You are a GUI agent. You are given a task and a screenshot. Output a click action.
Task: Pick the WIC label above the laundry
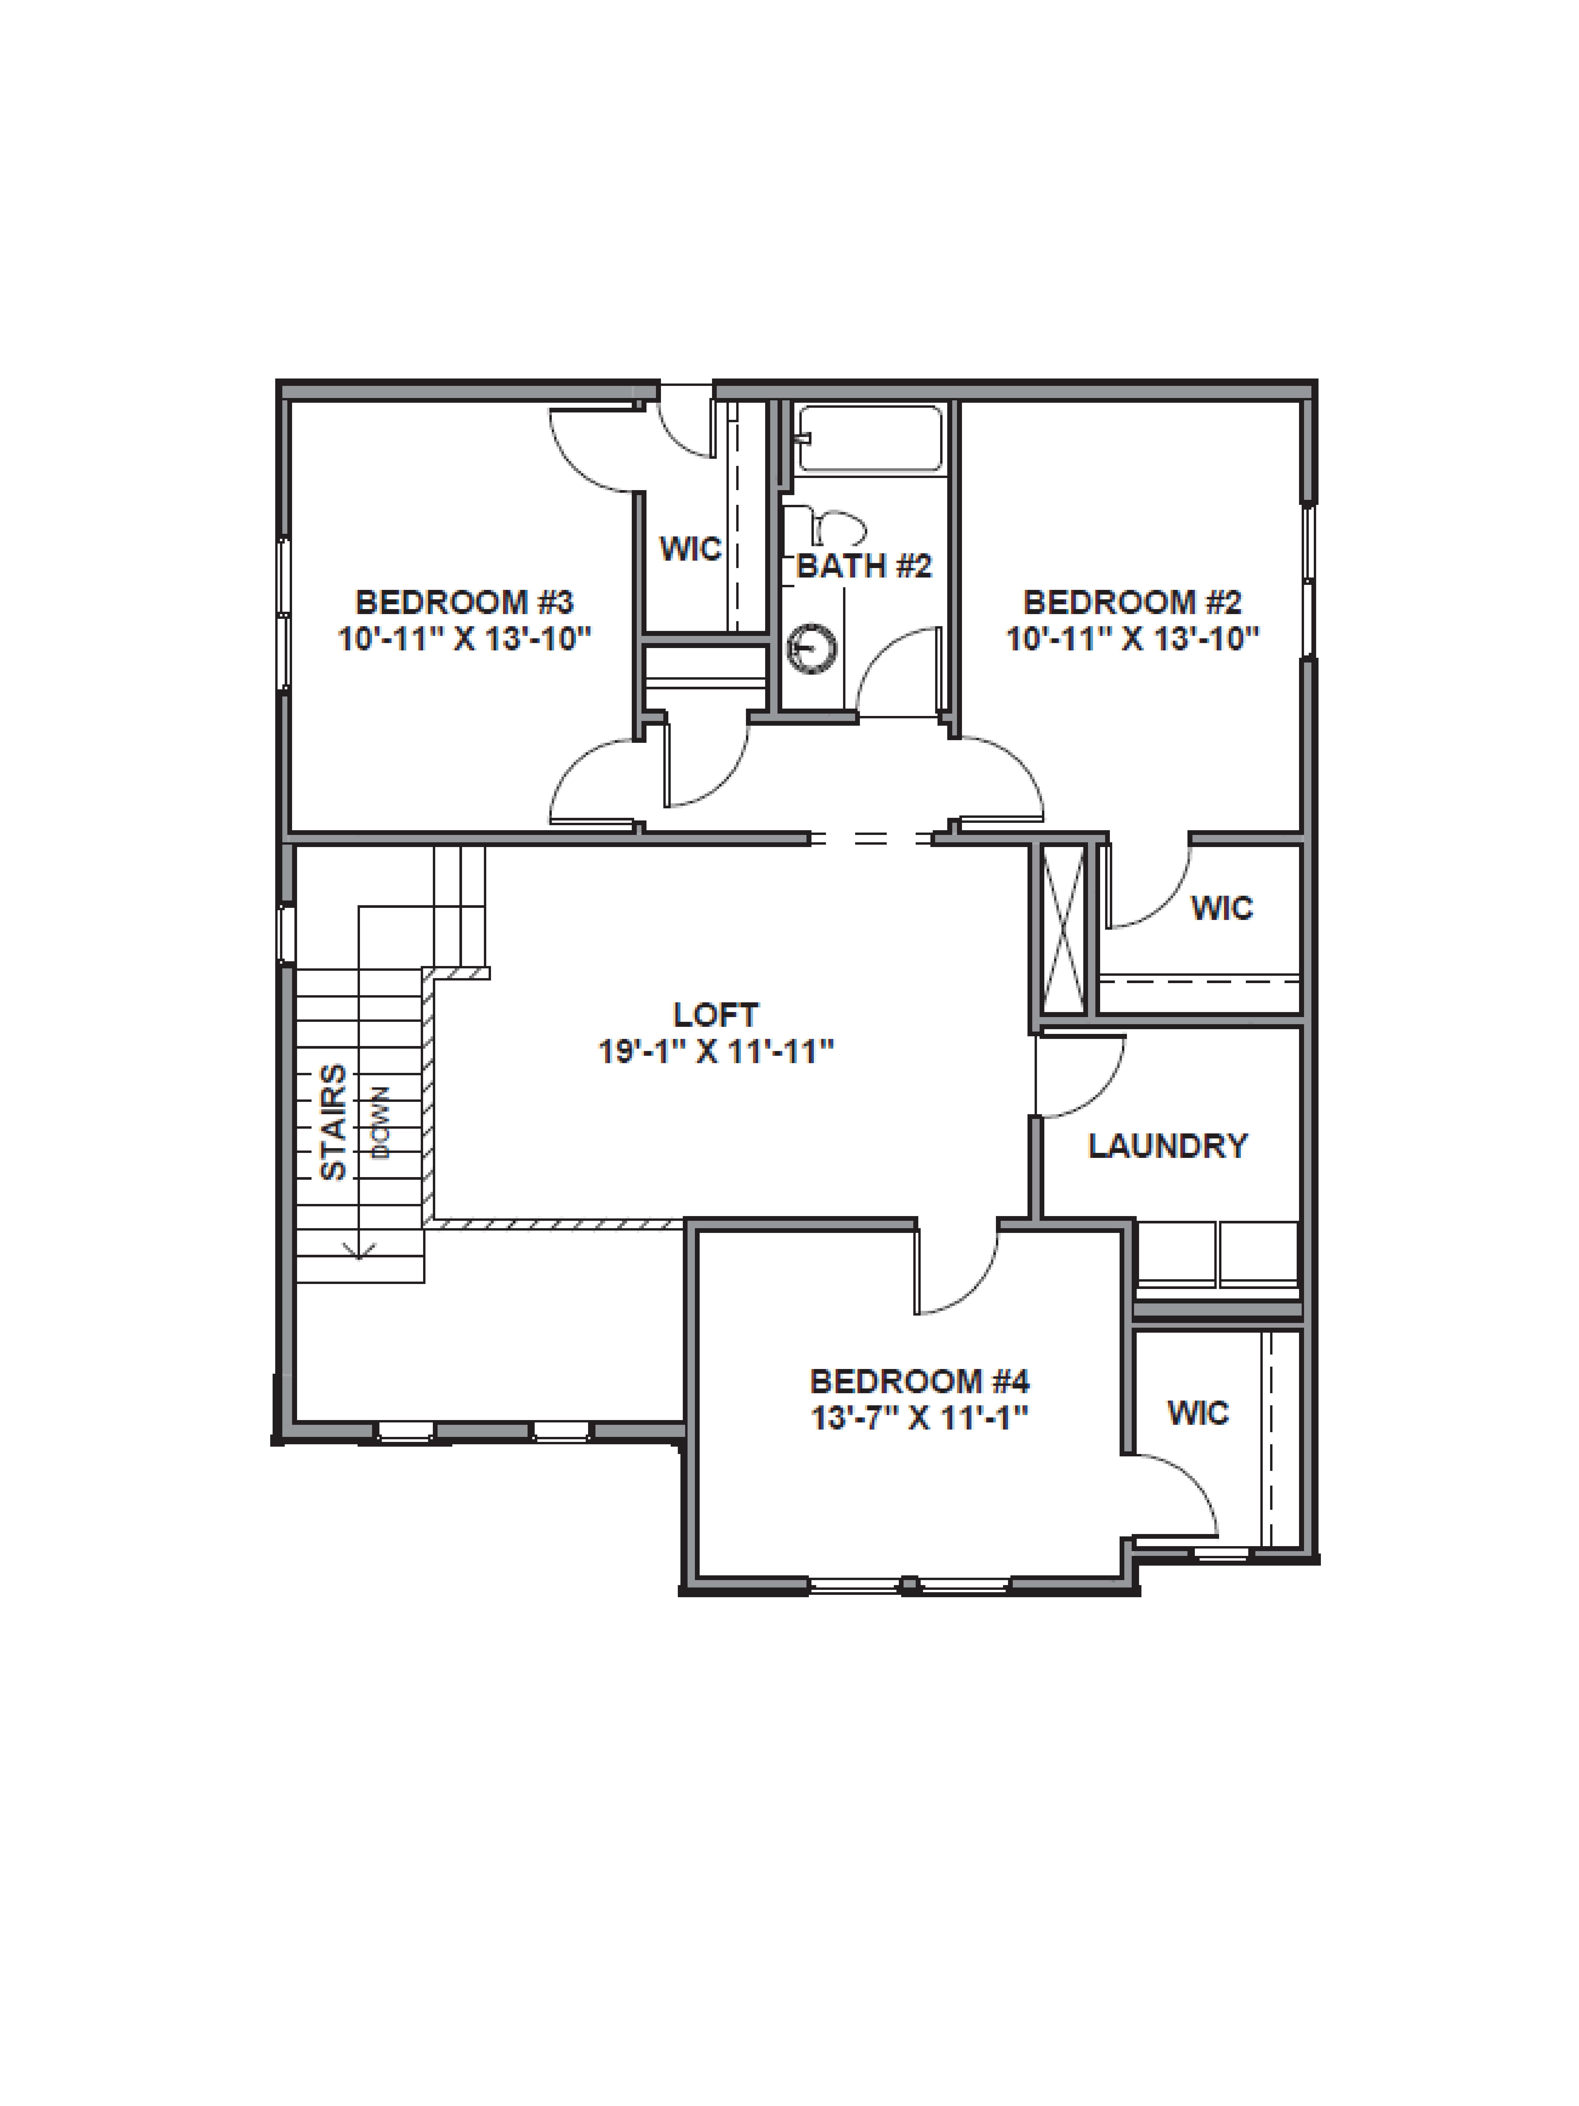pyautogui.click(x=1222, y=908)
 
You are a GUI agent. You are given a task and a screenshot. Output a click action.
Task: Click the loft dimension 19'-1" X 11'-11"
pyautogui.click(x=716, y=1052)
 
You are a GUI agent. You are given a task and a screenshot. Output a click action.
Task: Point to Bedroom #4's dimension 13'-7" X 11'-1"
pyautogui.click(x=919, y=1418)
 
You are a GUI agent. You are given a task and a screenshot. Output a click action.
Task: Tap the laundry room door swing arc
pyautogui.click(x=1095, y=1085)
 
